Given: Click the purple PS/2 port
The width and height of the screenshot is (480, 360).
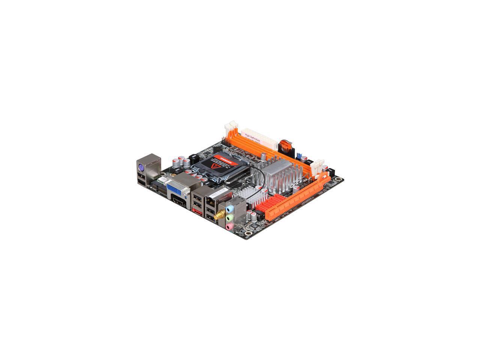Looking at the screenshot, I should click(139, 168).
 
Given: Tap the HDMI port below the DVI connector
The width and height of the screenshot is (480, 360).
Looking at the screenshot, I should click(179, 204).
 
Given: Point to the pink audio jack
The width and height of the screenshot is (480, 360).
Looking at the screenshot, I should click(229, 226).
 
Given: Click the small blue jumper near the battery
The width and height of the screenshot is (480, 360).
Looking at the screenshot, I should click(300, 156).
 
